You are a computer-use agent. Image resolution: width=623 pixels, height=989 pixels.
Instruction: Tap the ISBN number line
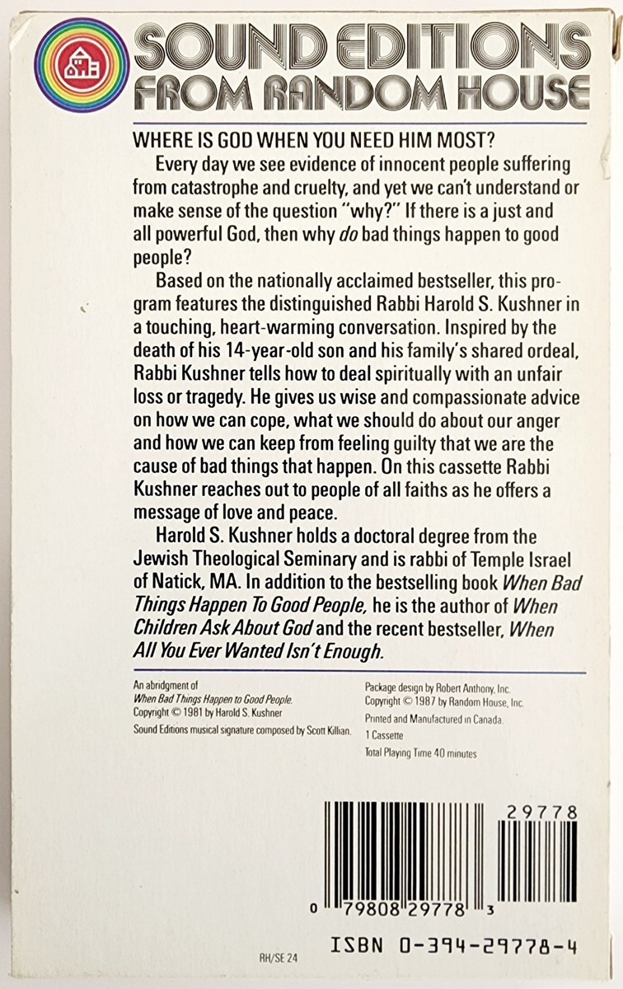pos(454,946)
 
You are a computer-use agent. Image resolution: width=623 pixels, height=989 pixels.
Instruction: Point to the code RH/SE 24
pos(276,958)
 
